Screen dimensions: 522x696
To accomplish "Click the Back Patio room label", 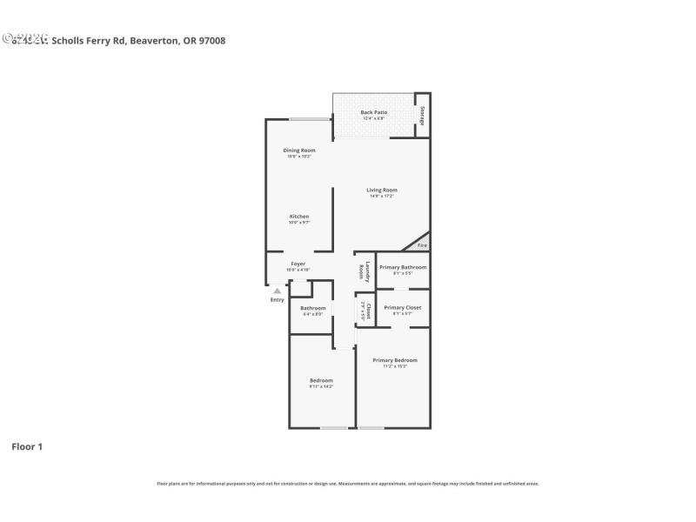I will [374, 112].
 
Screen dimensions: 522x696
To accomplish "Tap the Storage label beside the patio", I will [422, 115].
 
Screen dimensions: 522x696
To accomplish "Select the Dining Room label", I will [298, 151].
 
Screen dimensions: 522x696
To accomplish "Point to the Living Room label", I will [381, 191].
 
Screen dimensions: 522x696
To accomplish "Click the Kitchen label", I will [299, 217].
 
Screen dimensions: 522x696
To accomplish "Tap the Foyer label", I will [298, 264].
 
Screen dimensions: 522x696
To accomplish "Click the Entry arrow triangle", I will [277, 291].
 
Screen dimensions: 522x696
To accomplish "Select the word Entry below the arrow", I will [277, 300].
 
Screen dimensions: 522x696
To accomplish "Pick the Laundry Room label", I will [365, 271].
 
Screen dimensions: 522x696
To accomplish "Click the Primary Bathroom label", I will [403, 267].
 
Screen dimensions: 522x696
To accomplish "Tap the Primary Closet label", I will [402, 308].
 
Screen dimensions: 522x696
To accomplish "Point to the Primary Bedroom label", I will [395, 360].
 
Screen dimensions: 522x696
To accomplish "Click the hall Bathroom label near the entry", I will [313, 308].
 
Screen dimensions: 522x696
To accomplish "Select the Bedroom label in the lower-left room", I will [321, 380].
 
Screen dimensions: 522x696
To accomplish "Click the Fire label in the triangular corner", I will [422, 246].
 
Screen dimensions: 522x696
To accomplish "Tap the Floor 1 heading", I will [27, 446].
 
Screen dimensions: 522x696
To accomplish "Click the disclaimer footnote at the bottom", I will [347, 483].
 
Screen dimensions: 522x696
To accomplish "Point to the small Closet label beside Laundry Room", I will [367, 311].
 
